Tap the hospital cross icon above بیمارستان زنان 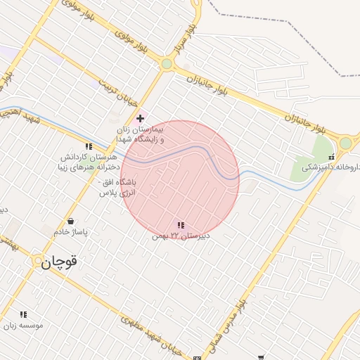pos(141,118)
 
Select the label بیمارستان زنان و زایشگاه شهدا pos(141,135)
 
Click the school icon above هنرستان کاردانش pos(89,146)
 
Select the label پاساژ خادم pos(70,231)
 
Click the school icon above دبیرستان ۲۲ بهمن pos(181,225)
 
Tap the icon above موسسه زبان pos(23,314)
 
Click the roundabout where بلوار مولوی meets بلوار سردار pos(167,64)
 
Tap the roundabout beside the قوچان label pos(38,261)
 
